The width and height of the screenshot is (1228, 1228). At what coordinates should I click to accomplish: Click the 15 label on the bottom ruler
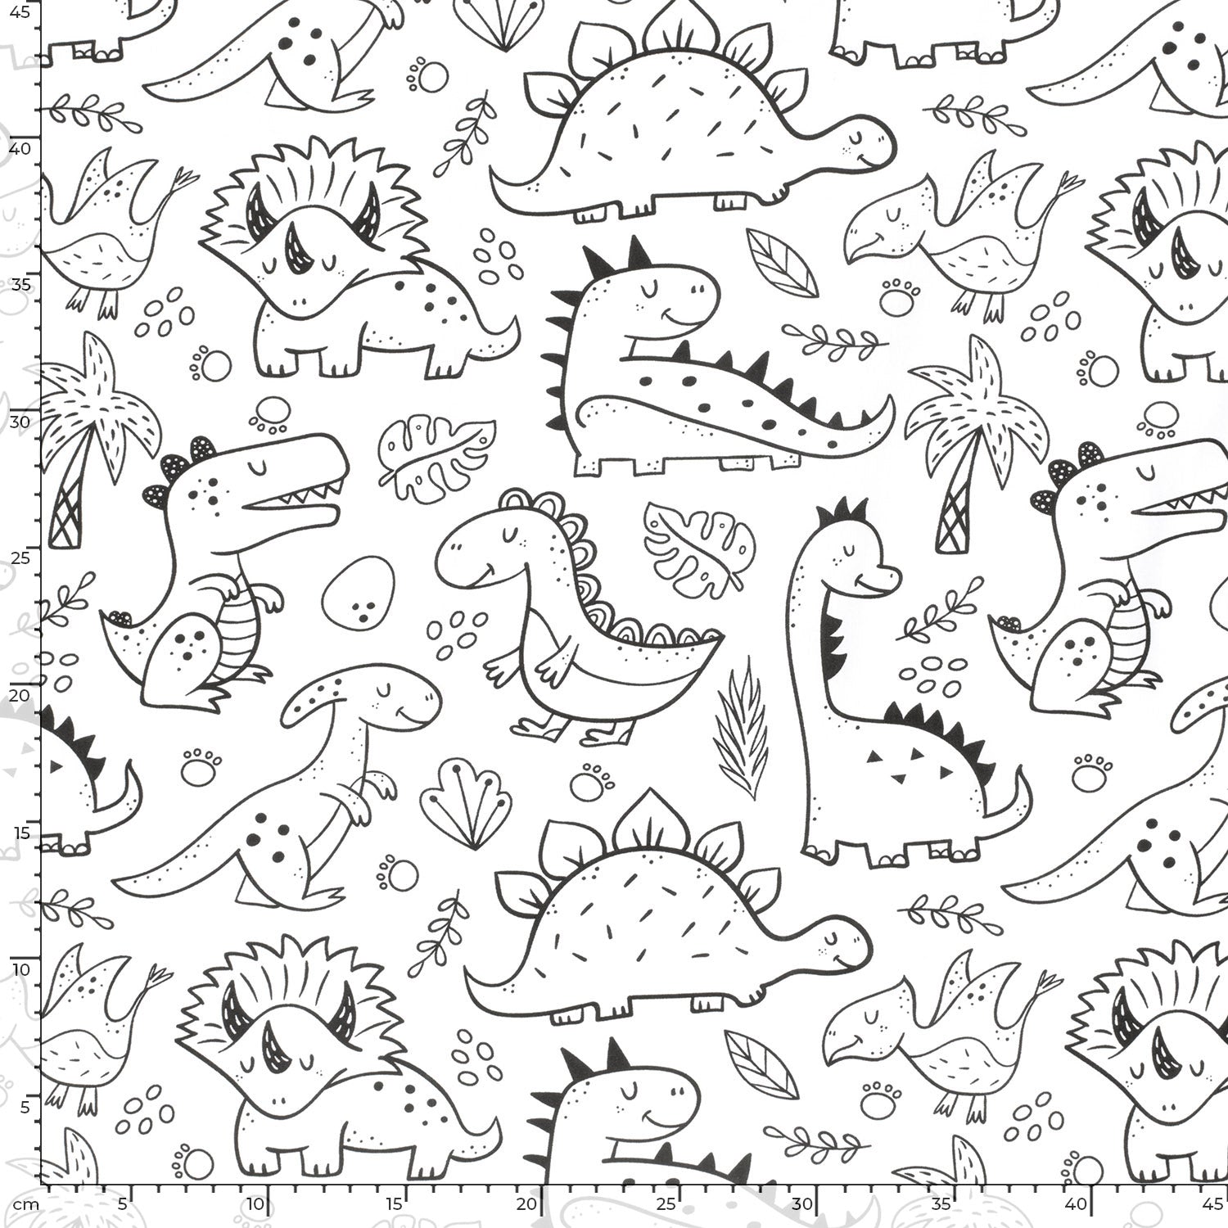point(395,1204)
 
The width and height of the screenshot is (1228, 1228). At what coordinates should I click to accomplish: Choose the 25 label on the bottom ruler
point(667,1204)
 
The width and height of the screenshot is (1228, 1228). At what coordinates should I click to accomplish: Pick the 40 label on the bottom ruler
point(1078,1204)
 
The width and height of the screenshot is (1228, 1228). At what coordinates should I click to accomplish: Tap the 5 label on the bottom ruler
point(122,1204)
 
